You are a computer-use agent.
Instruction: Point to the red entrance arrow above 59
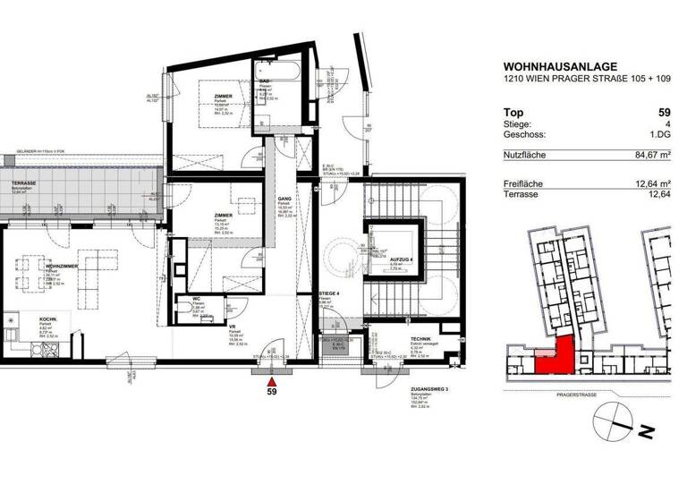[271, 378]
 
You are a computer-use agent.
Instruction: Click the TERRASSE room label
[22, 183]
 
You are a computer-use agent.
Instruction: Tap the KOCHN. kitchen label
[48, 318]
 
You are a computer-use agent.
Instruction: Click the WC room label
[196, 300]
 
